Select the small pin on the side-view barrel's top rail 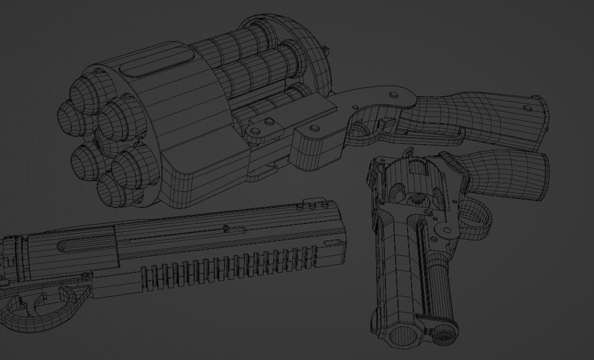click(x=226, y=229)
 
